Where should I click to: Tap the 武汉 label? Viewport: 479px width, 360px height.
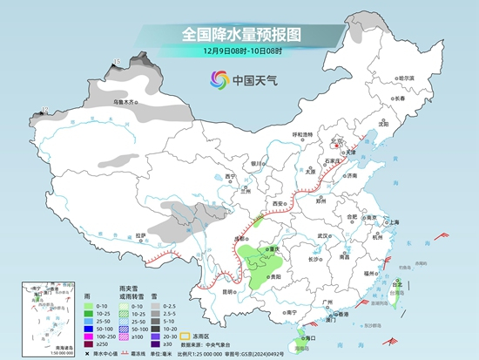point(325,235)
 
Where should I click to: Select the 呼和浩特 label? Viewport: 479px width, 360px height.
point(301,134)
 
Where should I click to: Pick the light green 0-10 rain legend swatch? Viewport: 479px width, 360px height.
point(91,305)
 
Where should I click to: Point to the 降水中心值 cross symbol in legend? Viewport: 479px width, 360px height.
point(91,354)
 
